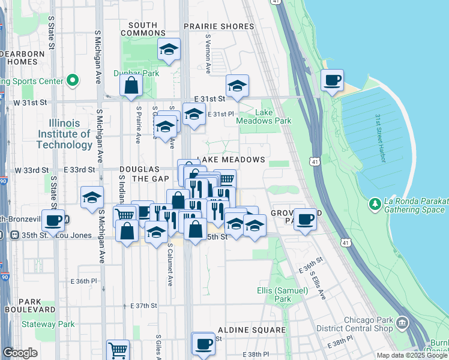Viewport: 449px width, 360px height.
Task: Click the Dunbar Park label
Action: point(136,73)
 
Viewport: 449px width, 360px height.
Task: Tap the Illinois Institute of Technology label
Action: point(64,134)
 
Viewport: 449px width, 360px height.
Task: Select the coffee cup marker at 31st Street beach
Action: point(332,80)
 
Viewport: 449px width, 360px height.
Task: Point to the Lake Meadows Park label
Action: point(273,116)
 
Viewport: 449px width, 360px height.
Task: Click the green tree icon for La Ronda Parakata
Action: point(375,205)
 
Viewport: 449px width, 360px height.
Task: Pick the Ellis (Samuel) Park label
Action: point(291,294)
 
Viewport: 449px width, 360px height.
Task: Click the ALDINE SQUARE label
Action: point(252,330)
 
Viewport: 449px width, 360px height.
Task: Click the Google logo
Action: point(20,353)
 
